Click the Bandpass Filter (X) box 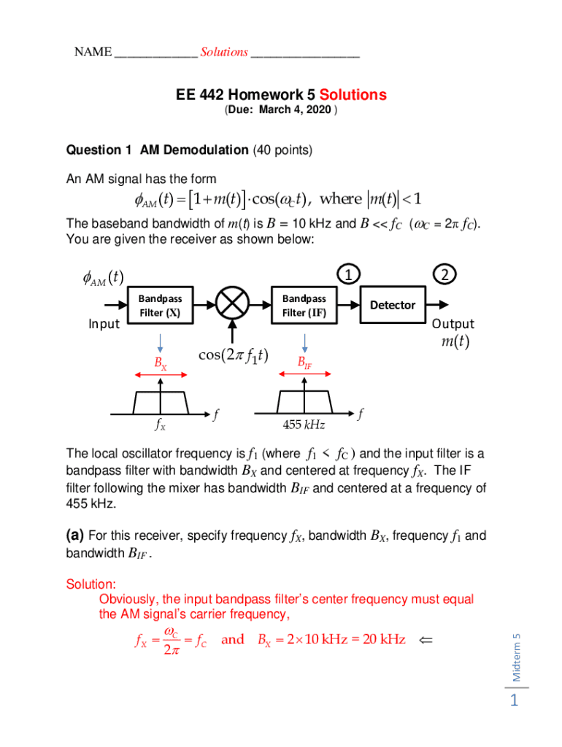(x=160, y=305)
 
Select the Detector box (x=393, y=305)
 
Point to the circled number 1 (x=350, y=274)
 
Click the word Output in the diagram (x=453, y=324)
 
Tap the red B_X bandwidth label (x=161, y=363)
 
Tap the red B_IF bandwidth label (x=304, y=363)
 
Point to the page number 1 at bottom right (x=515, y=702)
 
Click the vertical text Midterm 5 (x=516, y=657)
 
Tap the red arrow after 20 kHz (x=426, y=640)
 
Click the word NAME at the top (x=93, y=52)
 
